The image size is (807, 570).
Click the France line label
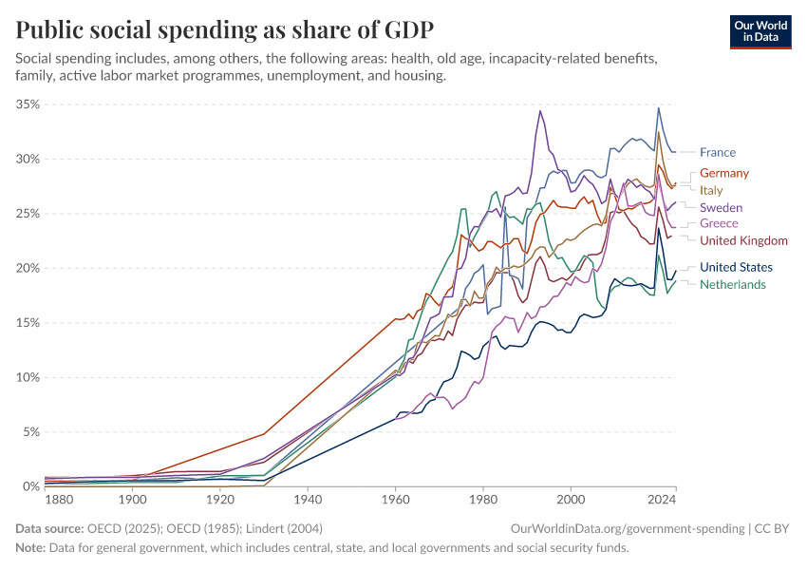pos(717,152)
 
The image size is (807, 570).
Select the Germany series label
pos(723,173)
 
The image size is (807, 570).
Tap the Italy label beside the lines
pos(711,190)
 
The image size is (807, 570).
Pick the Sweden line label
pos(721,207)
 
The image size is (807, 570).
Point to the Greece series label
pos(719,223)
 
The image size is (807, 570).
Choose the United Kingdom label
pos(743,240)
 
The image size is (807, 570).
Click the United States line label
pos(736,267)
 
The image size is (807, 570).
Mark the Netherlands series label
pos(732,284)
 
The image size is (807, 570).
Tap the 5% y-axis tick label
pos(30,431)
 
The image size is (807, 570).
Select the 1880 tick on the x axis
pos(59,499)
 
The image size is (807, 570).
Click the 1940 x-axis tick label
pos(307,499)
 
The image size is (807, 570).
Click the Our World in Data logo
pos(760,30)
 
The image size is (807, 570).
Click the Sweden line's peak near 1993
pos(540,110)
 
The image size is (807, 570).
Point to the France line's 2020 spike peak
pos(659,107)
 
